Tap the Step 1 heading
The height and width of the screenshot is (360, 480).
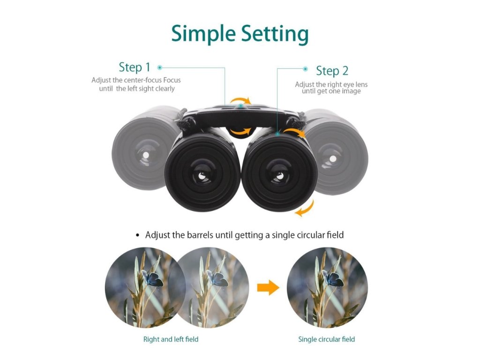135,67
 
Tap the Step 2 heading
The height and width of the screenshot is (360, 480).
332,71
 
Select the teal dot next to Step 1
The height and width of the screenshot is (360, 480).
160,67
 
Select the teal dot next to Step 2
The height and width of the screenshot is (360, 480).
305,69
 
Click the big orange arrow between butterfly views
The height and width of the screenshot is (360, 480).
268,288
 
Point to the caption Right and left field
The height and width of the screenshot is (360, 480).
171,339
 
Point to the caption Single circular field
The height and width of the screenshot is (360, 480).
326,339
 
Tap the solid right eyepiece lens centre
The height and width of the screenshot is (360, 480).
279,175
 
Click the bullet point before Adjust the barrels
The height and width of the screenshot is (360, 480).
137,235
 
